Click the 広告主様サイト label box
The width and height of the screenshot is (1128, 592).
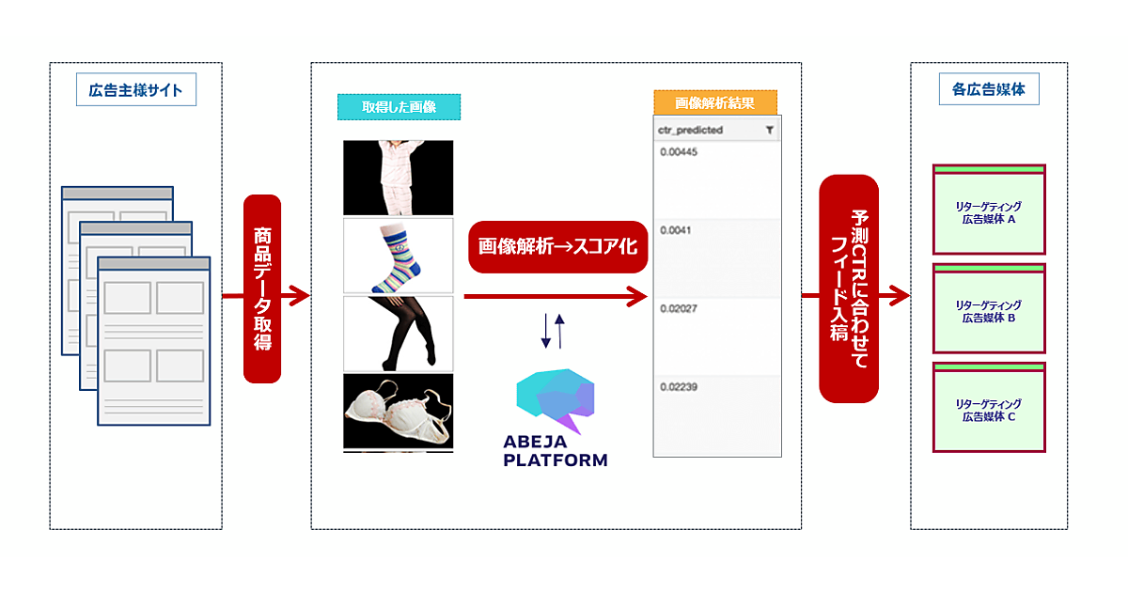tap(136, 90)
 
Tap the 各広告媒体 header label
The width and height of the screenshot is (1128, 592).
tap(989, 90)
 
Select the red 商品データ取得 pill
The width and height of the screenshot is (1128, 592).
tap(262, 288)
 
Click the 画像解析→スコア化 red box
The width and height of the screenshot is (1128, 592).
tap(558, 247)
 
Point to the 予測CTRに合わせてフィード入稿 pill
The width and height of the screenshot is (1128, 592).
tap(849, 288)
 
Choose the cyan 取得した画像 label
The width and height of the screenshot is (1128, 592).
tap(399, 107)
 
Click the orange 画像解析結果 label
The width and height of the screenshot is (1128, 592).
tap(716, 102)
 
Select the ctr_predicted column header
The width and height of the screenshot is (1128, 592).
tap(691, 130)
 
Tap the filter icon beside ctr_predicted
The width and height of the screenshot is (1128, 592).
tap(769, 130)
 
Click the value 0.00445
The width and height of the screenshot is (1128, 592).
tap(679, 152)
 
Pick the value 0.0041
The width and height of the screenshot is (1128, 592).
tap(676, 230)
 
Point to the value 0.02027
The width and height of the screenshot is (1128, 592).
tap(679, 307)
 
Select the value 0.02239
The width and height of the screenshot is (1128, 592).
tap(679, 386)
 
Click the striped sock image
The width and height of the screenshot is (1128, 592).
tap(398, 257)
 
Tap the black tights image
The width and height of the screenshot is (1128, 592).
tap(398, 334)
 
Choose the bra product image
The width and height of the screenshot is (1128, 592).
tap(398, 412)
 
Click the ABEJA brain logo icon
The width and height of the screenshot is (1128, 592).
tap(556, 400)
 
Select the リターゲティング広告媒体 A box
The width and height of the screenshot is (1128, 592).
tap(989, 210)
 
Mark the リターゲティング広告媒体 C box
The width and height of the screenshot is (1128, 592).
tap(989, 407)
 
